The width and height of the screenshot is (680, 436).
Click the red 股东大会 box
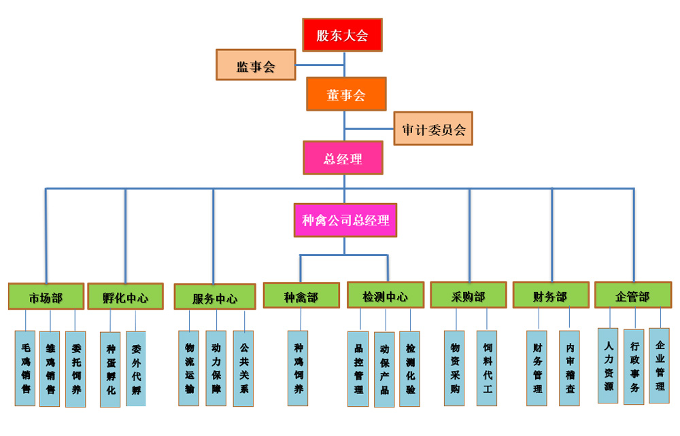342,35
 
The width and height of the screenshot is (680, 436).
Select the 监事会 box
256,65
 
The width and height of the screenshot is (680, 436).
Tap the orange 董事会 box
346,94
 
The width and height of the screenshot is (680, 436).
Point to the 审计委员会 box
433,128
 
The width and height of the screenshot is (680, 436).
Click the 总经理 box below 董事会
343,158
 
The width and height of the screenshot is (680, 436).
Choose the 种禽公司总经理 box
345,220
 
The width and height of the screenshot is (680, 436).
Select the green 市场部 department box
46,297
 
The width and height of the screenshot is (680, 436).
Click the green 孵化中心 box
126,297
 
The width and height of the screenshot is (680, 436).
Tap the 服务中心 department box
215,297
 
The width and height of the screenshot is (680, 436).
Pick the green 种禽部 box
301,296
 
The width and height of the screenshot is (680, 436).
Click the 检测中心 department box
386,295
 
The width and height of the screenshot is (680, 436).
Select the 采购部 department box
469,295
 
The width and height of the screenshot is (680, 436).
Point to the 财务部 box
551,295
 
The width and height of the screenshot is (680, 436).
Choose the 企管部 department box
633,295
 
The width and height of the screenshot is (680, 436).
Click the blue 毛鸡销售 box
25,368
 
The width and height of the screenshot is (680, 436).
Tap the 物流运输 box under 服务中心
189,368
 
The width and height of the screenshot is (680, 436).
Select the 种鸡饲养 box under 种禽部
298,368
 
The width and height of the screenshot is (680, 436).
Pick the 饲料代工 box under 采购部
487,368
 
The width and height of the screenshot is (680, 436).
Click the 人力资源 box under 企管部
609,365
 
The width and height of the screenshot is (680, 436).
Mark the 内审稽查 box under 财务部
569,368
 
